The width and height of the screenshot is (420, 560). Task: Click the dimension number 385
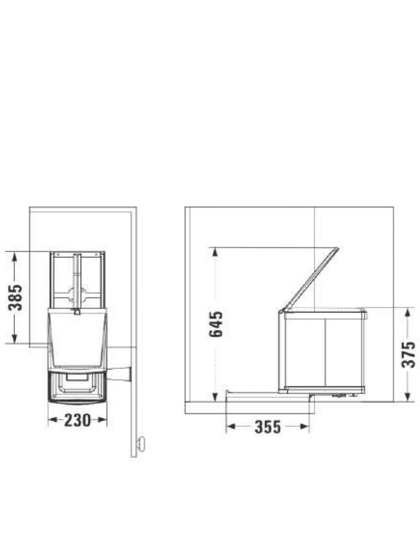[16, 297]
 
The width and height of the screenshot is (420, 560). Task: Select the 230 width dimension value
[77, 420]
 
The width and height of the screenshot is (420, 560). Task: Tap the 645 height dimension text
[216, 325]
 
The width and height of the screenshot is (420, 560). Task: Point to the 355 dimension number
[268, 427]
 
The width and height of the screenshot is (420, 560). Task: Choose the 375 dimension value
[408, 354]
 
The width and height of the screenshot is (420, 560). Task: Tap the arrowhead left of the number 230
[53, 420]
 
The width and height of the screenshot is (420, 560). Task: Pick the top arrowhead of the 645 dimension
[215, 252]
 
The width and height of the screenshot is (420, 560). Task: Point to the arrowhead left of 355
[231, 427]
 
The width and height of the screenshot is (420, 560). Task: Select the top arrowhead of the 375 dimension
[408, 312]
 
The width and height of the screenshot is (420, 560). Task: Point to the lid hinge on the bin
[281, 311]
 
